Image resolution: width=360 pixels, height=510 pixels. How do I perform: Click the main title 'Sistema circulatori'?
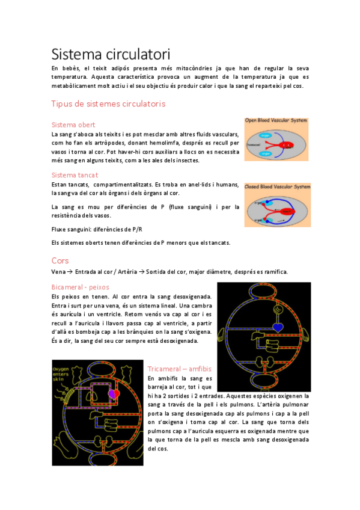(110, 54)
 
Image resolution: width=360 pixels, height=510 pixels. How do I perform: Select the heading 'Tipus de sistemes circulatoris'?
(108, 104)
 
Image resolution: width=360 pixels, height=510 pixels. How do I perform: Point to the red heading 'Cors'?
(60, 260)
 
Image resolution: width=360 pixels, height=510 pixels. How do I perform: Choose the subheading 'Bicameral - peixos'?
(80, 287)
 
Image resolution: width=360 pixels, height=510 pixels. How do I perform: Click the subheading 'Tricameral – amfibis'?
(179, 368)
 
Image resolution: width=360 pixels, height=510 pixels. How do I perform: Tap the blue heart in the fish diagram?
(278, 327)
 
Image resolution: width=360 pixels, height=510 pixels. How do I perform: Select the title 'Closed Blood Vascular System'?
(277, 187)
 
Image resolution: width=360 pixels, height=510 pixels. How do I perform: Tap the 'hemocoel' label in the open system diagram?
(253, 145)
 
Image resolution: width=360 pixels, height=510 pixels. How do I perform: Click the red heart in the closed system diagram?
(288, 211)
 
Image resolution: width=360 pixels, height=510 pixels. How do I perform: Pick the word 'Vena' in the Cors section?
(58, 271)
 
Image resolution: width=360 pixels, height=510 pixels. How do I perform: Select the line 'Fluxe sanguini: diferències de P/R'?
(97, 229)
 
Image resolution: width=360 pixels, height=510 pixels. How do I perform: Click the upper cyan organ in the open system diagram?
(266, 136)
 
